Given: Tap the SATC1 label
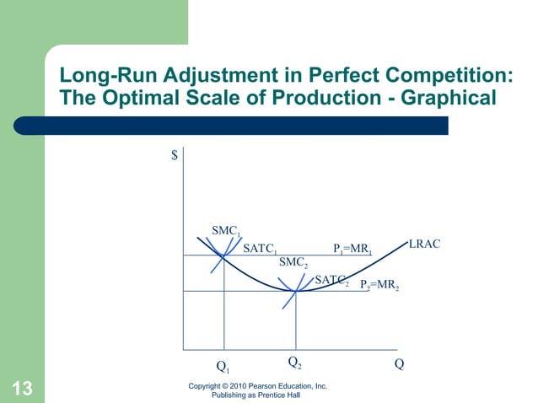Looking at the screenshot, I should click(x=260, y=250).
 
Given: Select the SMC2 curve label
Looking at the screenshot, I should click(x=293, y=264).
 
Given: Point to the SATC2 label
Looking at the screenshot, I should click(x=331, y=280).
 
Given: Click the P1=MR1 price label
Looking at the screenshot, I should click(x=352, y=250).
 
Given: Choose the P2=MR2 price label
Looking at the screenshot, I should click(x=379, y=285).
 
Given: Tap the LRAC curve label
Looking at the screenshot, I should click(x=424, y=244).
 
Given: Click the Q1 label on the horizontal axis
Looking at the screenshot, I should click(x=223, y=368).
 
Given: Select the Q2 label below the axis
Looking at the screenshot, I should click(x=295, y=363).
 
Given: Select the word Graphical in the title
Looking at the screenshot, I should click(x=444, y=99).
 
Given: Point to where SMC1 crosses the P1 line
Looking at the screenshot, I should click(x=223, y=255).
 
